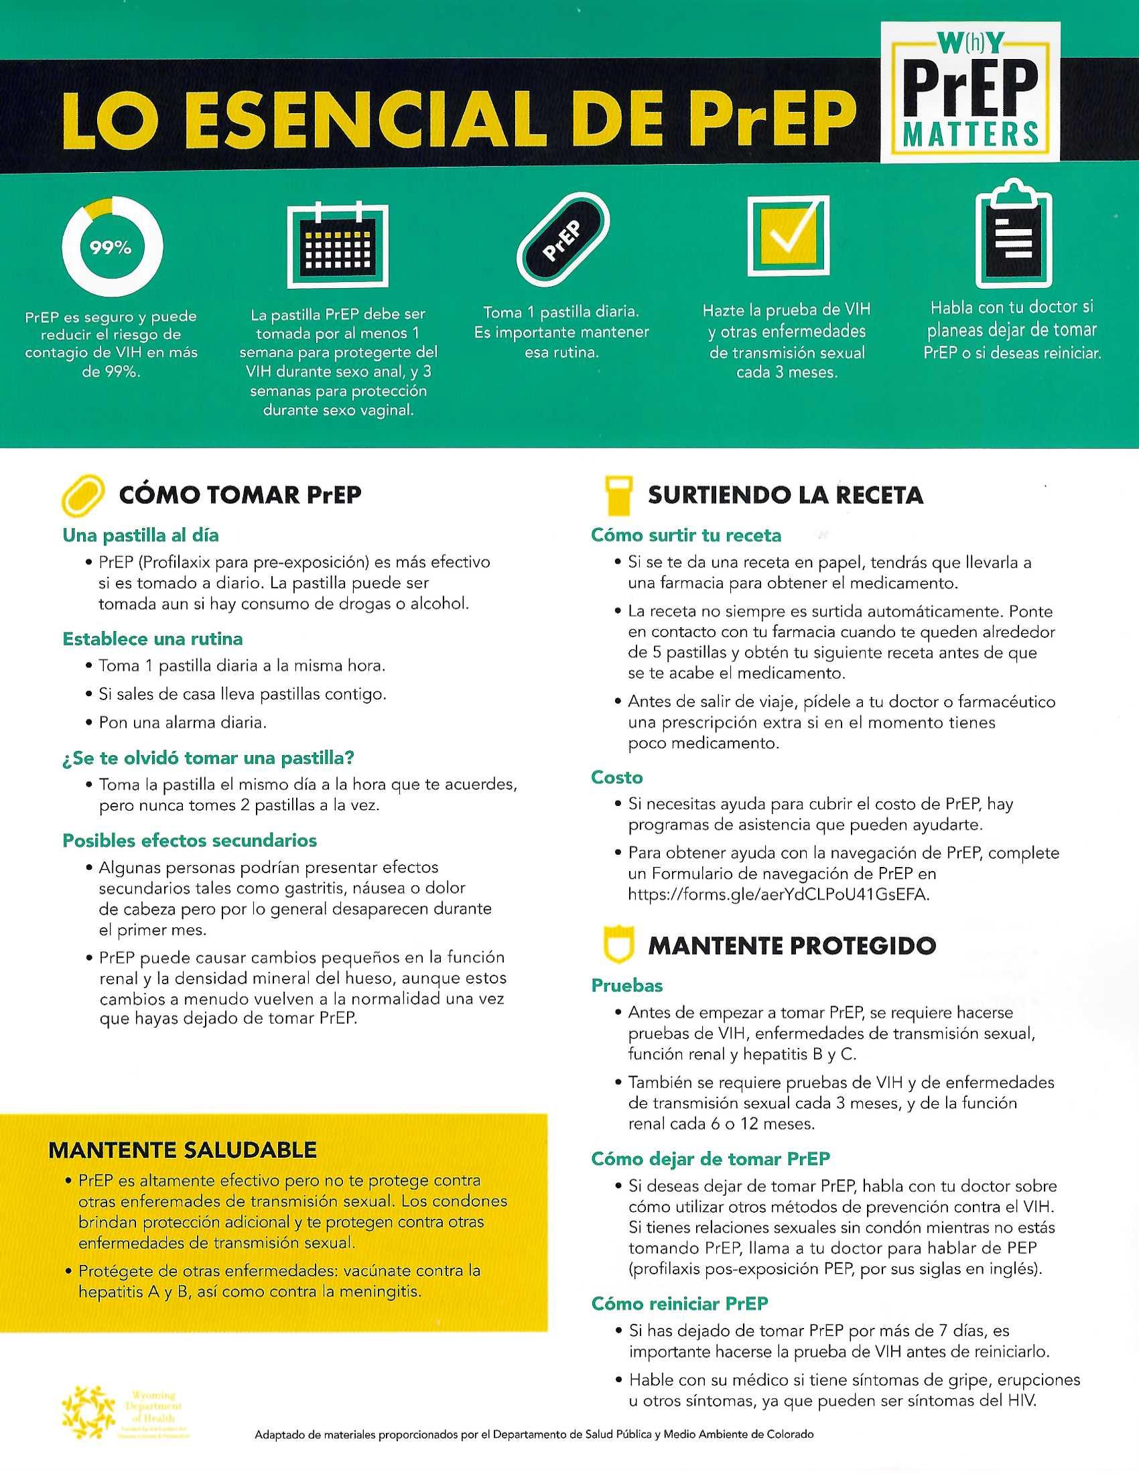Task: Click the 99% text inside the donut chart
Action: [x=111, y=249]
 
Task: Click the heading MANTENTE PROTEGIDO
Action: [x=791, y=945]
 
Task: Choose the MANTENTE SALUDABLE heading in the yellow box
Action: [x=182, y=1149]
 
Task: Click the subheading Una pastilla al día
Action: [x=140, y=535]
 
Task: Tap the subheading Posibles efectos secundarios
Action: [x=190, y=840]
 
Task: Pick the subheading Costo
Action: [x=616, y=777]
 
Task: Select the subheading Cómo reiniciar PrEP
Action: [x=679, y=1303]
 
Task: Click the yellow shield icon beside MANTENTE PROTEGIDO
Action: [x=618, y=945]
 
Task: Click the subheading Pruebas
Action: [x=627, y=986]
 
